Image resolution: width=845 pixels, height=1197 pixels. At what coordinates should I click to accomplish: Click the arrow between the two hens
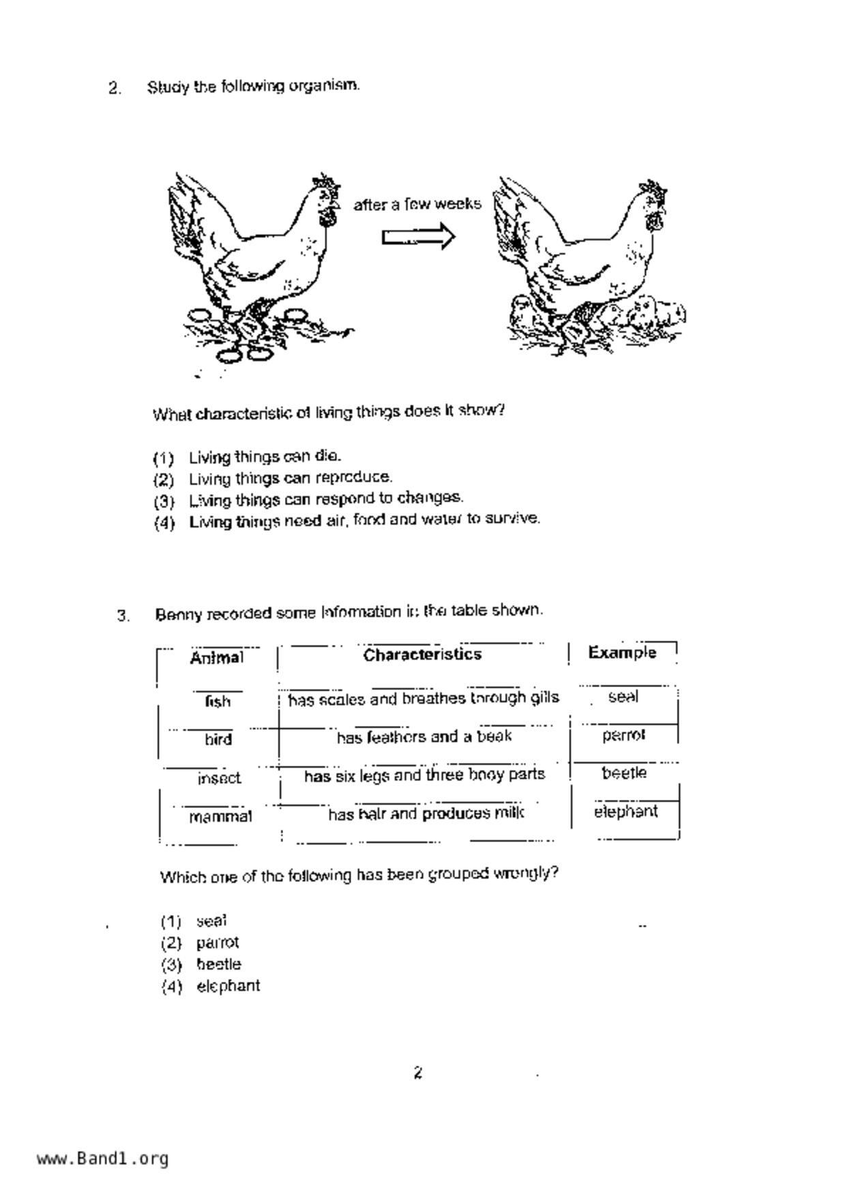[x=417, y=237]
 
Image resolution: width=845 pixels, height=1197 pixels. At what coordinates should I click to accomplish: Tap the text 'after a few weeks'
[x=417, y=204]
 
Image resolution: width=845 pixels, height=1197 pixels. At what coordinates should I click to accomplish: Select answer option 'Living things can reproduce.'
[x=290, y=477]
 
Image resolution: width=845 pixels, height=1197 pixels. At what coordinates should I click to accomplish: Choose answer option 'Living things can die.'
[x=265, y=456]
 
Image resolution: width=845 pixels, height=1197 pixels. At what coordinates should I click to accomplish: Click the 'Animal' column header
[x=216, y=658]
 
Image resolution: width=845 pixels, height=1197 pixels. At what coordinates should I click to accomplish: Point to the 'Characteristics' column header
[x=422, y=654]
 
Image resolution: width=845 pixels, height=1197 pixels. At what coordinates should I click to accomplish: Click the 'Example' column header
[x=622, y=652]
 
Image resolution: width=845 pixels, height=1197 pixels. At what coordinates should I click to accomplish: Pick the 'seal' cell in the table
[x=623, y=697]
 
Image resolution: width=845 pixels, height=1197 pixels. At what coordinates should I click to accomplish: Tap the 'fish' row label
[x=218, y=701]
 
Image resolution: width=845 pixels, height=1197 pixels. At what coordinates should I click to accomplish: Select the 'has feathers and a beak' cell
[x=424, y=737]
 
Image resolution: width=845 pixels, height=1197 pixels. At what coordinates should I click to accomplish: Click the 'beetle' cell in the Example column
[x=624, y=773]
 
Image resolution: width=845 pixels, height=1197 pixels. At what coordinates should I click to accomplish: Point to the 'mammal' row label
[x=220, y=816]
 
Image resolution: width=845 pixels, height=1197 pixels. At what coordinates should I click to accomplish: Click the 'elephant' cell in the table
[x=625, y=811]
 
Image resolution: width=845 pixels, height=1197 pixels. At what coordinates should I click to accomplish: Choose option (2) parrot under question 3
[x=217, y=942]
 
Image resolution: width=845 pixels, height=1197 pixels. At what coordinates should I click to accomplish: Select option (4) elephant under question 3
[x=227, y=985]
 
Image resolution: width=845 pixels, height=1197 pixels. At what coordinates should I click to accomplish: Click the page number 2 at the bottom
[x=417, y=1073]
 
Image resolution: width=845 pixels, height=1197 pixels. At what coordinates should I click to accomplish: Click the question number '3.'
[x=123, y=616]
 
